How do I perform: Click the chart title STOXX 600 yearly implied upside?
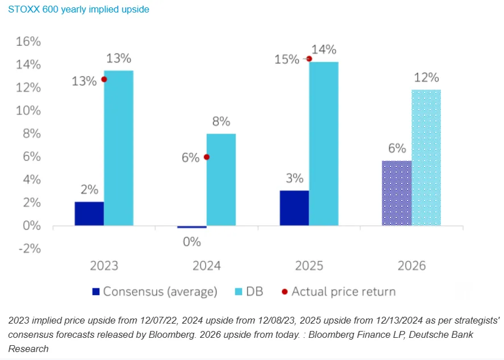(x=79, y=9)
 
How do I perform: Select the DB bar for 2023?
(x=119, y=148)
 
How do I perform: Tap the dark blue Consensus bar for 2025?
(x=294, y=208)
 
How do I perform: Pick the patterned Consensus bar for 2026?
(x=397, y=193)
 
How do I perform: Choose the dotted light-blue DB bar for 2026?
(x=426, y=158)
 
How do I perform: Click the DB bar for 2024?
(x=221, y=180)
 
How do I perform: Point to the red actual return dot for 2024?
(x=207, y=157)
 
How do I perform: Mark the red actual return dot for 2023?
(x=104, y=79)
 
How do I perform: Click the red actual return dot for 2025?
(x=309, y=59)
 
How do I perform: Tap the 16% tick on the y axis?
(x=28, y=42)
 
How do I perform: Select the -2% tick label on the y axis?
(x=30, y=249)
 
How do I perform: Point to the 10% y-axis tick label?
(x=28, y=111)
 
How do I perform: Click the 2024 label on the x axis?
(x=207, y=266)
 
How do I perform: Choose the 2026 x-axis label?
(x=412, y=266)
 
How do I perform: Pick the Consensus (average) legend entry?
(x=155, y=292)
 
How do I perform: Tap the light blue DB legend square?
(x=239, y=292)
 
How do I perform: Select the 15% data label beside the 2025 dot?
(x=287, y=60)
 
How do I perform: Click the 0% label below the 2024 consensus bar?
(x=192, y=242)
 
